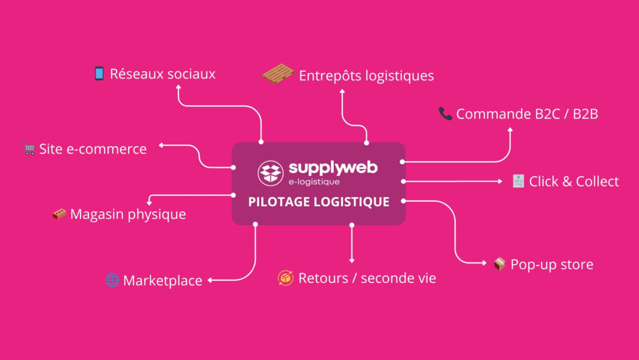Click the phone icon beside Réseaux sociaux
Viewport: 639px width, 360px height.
pos(99,74)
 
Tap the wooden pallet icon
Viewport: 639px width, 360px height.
pos(278,74)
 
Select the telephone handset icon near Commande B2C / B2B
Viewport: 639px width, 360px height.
pos(446,113)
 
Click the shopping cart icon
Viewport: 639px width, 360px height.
pos(29,149)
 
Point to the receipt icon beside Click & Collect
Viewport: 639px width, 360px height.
pos(517,181)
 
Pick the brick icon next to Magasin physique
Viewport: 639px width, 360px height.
pos(60,214)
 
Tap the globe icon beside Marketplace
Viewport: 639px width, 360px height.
pos(112,280)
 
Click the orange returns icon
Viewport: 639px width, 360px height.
pos(285,278)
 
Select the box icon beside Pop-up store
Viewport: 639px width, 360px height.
pos(499,264)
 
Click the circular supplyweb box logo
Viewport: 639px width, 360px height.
pos(270,173)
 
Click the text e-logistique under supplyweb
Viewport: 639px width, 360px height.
pos(315,182)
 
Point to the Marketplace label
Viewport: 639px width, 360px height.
pos(162,281)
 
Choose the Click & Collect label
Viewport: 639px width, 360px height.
pos(573,182)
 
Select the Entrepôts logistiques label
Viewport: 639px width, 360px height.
pos(366,76)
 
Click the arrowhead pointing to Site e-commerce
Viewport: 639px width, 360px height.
pos(161,145)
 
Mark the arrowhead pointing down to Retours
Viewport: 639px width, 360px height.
pos(352,260)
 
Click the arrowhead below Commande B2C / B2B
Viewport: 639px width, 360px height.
pos(510,130)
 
